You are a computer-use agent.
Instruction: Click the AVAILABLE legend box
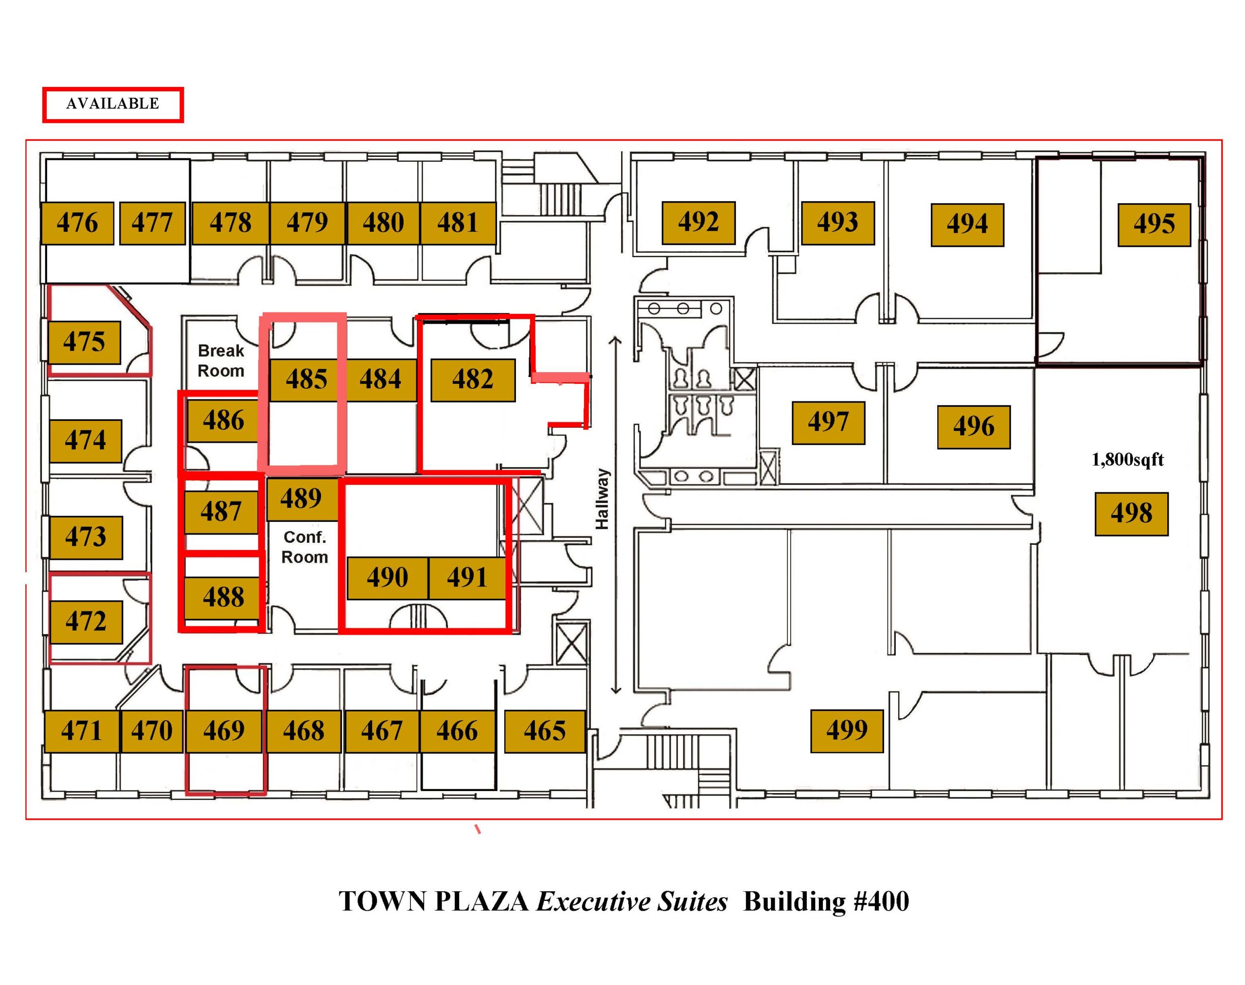click(x=113, y=104)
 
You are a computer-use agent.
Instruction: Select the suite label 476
click(x=77, y=223)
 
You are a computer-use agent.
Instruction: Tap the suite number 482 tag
click(x=473, y=380)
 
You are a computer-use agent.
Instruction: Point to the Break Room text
click(x=221, y=361)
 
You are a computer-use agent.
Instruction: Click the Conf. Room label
click(x=305, y=547)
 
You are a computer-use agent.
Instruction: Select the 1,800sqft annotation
click(x=1127, y=459)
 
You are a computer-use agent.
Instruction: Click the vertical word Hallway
click(x=602, y=499)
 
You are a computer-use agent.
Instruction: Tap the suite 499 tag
click(x=847, y=731)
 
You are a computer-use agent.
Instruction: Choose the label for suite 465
click(x=545, y=731)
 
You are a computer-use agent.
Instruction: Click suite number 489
click(x=302, y=498)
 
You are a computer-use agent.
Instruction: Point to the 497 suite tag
click(x=828, y=423)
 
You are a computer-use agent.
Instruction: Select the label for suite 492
click(x=698, y=223)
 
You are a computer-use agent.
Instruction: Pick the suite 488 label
click(x=223, y=597)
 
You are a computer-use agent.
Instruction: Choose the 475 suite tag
click(x=84, y=343)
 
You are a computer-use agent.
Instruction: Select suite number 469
click(x=224, y=731)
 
